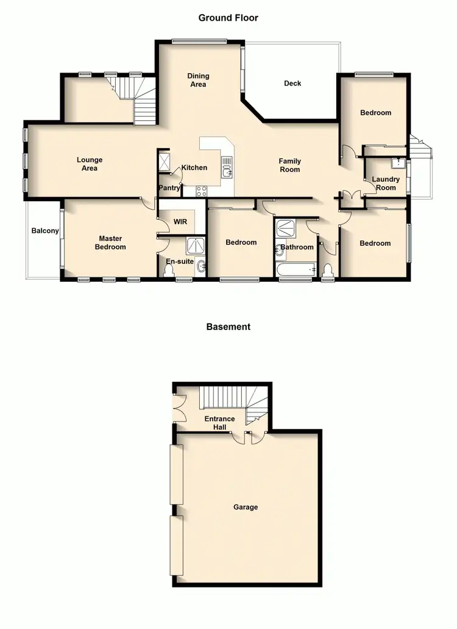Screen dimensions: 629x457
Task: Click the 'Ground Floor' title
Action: (228, 18)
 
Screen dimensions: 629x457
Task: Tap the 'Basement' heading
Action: (228, 326)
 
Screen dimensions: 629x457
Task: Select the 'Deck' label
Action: (292, 84)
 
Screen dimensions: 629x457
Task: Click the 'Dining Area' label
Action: (198, 80)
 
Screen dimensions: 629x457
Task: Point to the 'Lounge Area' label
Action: (90, 164)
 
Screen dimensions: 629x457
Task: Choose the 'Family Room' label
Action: (290, 165)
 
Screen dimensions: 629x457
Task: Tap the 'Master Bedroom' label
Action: (110, 243)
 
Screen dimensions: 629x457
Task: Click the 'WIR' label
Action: (180, 221)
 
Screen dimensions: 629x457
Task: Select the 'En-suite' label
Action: (180, 261)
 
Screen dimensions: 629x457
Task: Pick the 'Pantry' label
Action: (169, 188)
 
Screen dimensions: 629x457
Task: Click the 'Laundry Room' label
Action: (386, 184)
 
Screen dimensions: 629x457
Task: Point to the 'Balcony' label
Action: (45, 231)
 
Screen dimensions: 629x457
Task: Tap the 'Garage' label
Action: (246, 507)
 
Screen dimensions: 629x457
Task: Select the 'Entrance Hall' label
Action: (219, 423)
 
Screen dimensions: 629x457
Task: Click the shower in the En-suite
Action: (196, 246)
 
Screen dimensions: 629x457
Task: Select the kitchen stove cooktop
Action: (202, 191)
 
